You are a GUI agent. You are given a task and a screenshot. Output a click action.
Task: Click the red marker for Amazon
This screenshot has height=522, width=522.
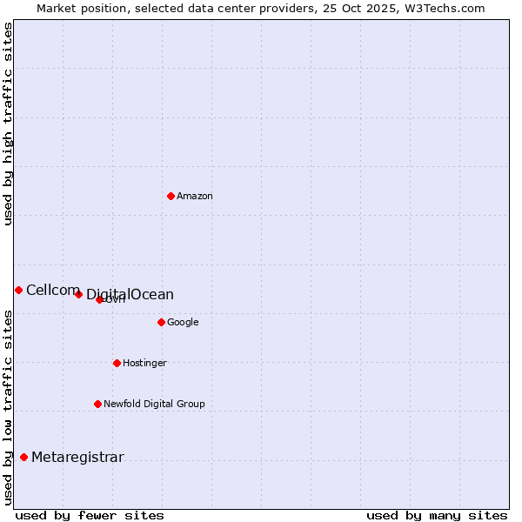click(171, 196)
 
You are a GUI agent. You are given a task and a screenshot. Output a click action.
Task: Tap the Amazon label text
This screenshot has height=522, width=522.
click(195, 197)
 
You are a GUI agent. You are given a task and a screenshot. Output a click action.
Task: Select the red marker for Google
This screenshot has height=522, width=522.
click(161, 322)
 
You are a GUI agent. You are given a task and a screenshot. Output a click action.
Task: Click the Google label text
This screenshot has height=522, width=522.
click(183, 323)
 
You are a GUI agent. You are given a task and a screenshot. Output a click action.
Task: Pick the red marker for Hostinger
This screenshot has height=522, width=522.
click(117, 363)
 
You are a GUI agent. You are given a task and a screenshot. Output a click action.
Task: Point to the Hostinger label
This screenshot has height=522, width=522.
click(144, 364)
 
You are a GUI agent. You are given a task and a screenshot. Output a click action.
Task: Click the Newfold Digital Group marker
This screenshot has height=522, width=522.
click(97, 404)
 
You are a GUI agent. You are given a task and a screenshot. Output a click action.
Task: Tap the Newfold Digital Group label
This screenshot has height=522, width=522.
click(154, 405)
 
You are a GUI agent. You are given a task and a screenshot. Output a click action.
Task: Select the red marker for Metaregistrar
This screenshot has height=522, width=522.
click(23, 457)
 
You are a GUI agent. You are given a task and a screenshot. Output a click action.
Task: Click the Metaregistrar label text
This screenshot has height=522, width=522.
click(77, 458)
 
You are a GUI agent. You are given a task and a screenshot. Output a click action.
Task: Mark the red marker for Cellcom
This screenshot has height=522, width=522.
click(18, 290)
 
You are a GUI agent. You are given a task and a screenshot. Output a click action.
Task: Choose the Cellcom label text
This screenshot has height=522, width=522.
click(52, 291)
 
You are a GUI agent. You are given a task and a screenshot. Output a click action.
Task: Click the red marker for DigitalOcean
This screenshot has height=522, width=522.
click(78, 294)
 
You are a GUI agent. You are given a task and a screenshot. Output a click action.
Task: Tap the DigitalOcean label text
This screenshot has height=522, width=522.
click(130, 295)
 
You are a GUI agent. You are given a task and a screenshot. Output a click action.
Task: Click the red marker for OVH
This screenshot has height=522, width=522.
click(99, 299)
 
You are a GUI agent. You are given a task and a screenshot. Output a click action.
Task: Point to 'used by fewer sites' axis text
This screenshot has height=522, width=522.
click(90, 516)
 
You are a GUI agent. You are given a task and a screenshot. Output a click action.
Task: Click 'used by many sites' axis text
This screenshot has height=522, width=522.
click(437, 516)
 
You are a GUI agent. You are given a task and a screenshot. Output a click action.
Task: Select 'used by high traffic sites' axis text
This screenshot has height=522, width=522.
click(9, 124)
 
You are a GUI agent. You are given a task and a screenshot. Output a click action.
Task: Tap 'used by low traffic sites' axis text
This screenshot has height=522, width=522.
click(9, 407)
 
